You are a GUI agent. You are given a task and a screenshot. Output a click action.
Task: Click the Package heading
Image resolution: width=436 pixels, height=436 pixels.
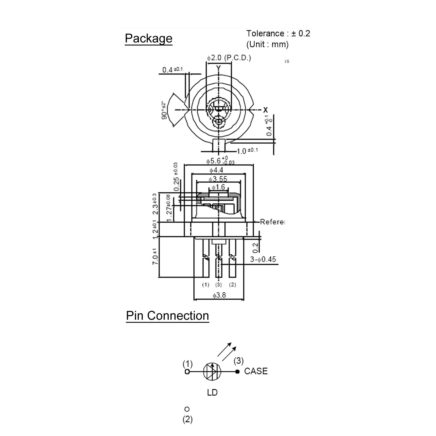pos(149,39)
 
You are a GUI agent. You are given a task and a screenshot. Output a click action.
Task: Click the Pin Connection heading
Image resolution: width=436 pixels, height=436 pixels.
pos(167,316)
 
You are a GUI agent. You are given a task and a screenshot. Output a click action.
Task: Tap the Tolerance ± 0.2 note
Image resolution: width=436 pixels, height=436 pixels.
pos(278,34)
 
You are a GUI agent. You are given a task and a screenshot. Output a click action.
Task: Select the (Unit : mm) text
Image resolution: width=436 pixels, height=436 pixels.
pos(267,44)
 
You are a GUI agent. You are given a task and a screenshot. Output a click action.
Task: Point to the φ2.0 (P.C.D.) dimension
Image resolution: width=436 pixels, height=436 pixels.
pos(229,58)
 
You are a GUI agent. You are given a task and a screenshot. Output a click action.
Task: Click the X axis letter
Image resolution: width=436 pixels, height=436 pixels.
pos(265,110)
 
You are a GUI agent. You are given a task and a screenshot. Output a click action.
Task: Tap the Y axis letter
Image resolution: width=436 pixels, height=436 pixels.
pos(219,68)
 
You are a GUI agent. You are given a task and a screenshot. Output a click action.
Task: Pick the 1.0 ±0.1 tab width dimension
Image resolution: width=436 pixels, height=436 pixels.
pos(247,151)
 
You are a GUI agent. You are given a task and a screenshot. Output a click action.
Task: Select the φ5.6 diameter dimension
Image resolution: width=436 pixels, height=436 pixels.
pos(220,161)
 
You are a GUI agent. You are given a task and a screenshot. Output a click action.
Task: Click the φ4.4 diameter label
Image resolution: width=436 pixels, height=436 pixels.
pos(216,170)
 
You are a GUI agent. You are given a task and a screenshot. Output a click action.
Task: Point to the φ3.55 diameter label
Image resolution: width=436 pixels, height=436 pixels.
pos(218,179)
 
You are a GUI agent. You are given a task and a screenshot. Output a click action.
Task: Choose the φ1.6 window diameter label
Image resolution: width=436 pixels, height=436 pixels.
pos(219,187)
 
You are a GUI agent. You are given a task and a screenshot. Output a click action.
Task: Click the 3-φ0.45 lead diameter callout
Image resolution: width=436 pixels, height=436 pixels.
pos(263,259)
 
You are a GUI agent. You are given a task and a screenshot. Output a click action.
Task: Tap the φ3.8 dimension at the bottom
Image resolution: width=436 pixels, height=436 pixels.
pos(219,295)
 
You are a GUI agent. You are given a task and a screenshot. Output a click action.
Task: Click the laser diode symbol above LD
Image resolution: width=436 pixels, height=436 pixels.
pos(212,371)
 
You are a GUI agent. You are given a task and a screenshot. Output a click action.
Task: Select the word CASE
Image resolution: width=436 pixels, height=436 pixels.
pos(256,371)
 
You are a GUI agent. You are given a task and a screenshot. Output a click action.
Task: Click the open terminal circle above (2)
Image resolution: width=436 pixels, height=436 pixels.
pos(187,409)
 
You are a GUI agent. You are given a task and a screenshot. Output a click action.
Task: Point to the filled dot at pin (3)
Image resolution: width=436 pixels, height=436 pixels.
pos(237,371)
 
